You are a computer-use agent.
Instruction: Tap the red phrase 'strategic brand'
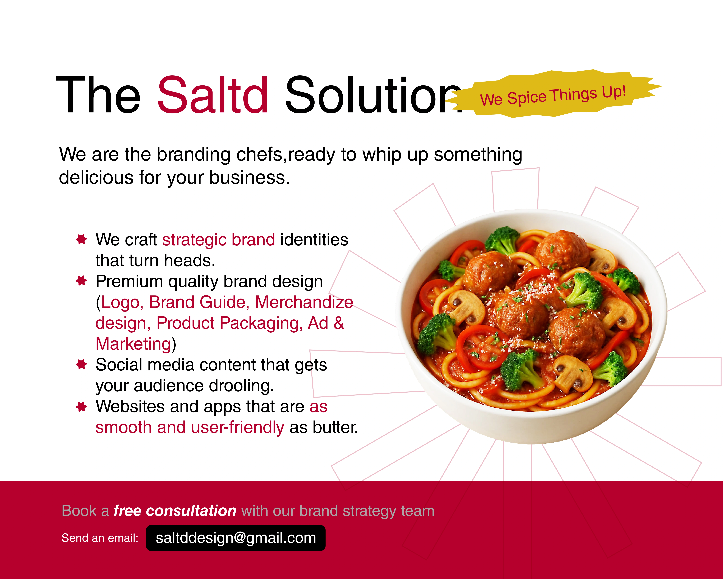pyautogui.click(x=219, y=240)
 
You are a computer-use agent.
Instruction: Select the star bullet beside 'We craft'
pyautogui.click(x=81, y=239)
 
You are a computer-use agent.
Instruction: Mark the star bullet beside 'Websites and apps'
pyautogui.click(x=81, y=407)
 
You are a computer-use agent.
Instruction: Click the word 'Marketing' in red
pyautogui.click(x=133, y=344)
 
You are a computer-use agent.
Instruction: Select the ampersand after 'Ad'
pyautogui.click(x=339, y=323)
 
